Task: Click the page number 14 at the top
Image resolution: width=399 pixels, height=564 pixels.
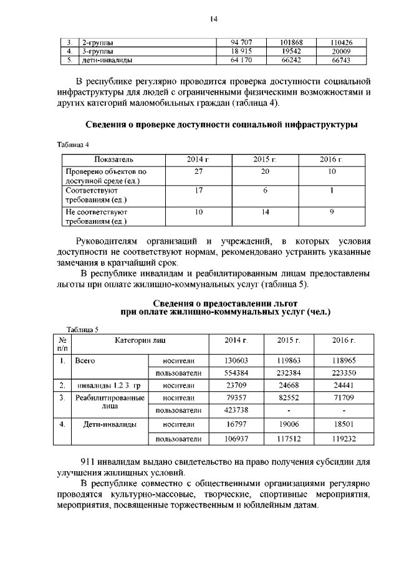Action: coord(213,19)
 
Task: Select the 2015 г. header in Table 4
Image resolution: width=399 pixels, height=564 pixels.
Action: coord(265,160)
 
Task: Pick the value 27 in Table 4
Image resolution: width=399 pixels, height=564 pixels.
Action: coord(198,171)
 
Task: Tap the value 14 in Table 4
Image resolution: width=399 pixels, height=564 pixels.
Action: coord(265,212)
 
